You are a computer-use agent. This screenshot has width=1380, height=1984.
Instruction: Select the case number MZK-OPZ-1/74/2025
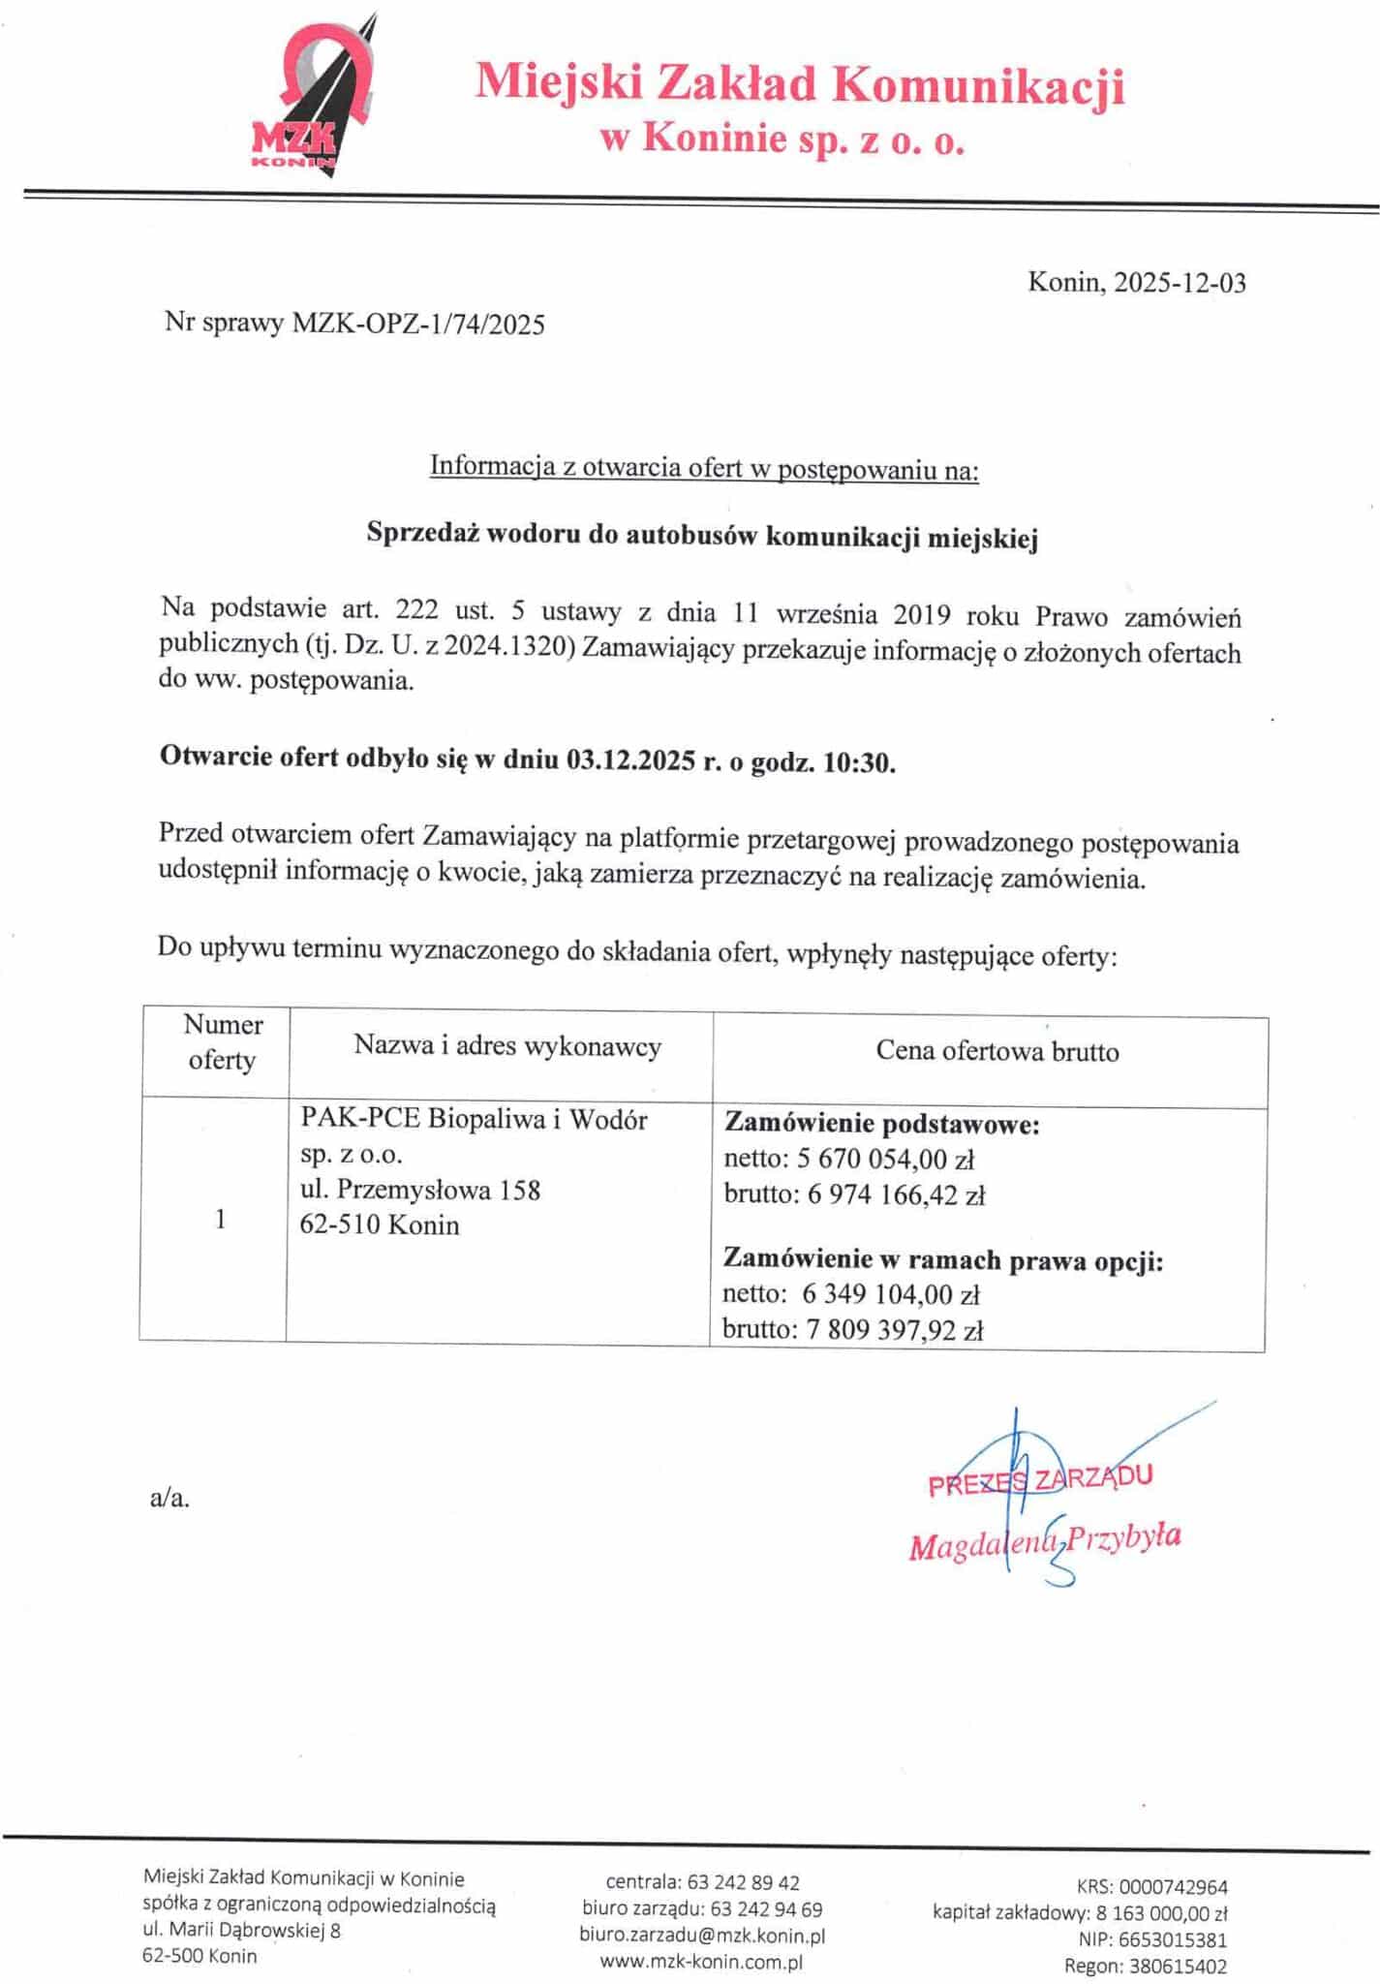418,324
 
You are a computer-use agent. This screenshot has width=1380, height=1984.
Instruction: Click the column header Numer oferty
223,1042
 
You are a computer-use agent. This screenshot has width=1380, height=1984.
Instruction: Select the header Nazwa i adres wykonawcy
507,1046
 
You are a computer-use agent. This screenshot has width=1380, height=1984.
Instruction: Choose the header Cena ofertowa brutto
997,1051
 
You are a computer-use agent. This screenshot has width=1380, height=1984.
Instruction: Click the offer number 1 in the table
221,1219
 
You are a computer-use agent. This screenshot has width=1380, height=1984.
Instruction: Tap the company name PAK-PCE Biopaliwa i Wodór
474,1120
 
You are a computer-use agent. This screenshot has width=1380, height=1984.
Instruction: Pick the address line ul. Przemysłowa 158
420,1190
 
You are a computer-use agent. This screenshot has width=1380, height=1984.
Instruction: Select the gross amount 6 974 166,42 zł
896,1195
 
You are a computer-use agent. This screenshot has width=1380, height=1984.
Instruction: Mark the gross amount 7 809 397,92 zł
895,1331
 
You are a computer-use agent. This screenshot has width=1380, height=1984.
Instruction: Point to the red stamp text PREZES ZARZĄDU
1040,1479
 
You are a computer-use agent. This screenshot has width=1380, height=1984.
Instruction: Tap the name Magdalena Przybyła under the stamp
1044,1539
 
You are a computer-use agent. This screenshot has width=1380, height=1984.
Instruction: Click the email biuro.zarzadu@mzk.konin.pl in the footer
702,1936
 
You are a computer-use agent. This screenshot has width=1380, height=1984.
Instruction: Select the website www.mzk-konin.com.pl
701,1962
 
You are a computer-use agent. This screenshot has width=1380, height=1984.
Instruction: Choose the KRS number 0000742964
1173,1886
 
